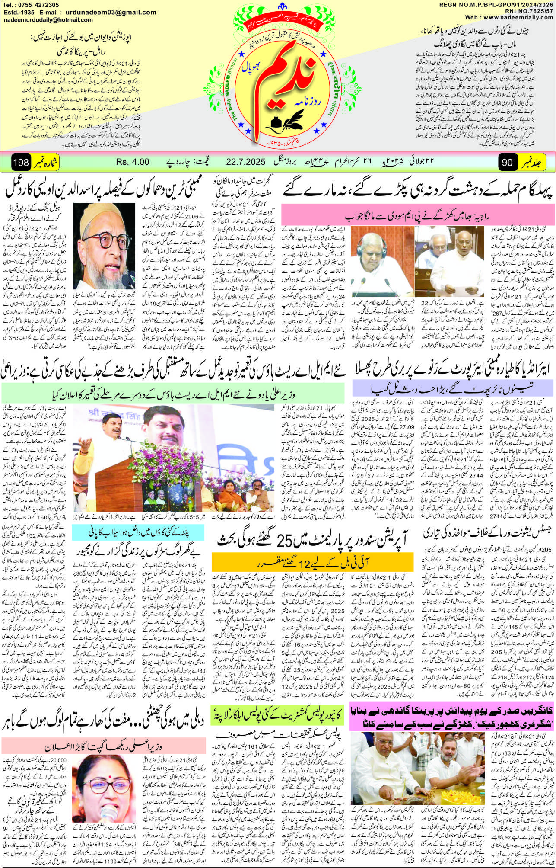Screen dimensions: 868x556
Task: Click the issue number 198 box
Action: click(21, 163)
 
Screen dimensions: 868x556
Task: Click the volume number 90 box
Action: click(508, 163)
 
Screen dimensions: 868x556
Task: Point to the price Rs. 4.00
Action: click(133, 162)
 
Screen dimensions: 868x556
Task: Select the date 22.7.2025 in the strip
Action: click(245, 162)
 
